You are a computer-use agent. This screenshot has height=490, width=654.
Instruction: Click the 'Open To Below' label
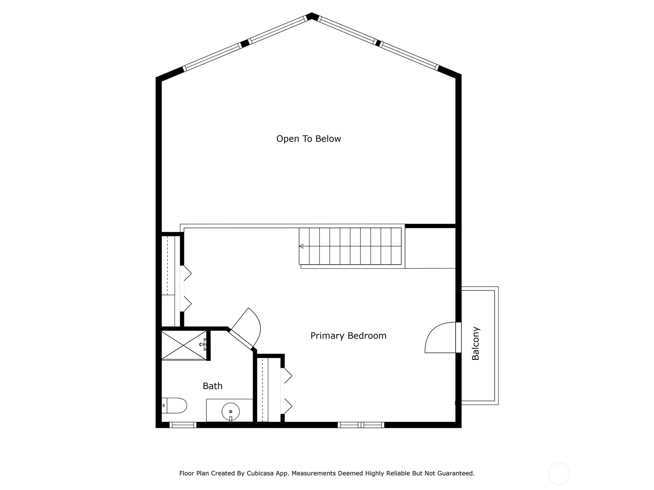[x=309, y=139]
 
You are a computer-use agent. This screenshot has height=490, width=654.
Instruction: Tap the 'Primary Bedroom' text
[x=348, y=336]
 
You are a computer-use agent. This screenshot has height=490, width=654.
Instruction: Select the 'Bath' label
[x=213, y=386]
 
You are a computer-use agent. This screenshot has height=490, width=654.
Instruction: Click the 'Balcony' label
[x=476, y=343]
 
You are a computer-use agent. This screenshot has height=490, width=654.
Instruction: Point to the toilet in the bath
[x=175, y=405]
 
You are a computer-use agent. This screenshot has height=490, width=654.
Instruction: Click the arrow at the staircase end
[x=301, y=246]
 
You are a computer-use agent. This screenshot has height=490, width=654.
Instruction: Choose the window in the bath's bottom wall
[x=183, y=425]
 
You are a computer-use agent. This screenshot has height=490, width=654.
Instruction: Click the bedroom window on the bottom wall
[x=361, y=425]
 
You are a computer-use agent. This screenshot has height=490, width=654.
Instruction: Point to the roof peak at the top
[x=312, y=16]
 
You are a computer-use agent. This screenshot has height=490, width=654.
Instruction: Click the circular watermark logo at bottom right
[x=559, y=474]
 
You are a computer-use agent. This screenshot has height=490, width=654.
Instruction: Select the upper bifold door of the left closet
[x=187, y=274]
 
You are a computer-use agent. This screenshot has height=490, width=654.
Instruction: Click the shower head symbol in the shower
[x=204, y=344]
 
